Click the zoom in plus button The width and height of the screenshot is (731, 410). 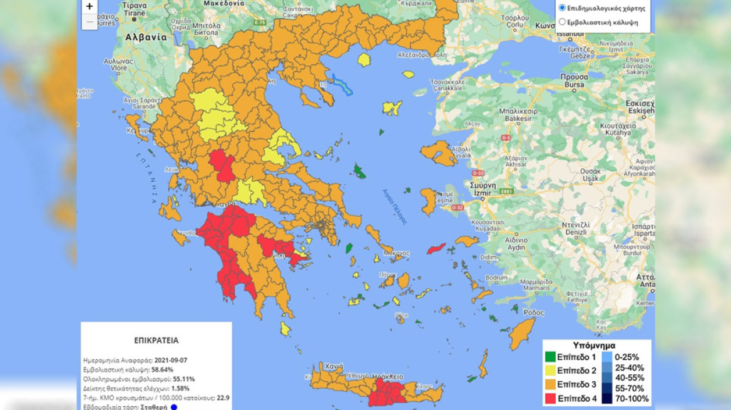(89, 7)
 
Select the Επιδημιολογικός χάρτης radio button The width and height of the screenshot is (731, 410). (562, 8)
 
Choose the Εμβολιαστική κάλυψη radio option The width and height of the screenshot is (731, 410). (562, 22)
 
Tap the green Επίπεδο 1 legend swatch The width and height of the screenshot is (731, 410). (550, 357)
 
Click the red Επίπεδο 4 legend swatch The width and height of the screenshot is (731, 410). (550, 397)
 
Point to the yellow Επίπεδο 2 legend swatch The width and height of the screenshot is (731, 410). (550, 371)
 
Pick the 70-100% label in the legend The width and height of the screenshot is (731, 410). (633, 399)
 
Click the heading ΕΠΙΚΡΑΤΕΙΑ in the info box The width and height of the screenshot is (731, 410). (156, 341)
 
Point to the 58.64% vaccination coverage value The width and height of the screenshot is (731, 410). (162, 370)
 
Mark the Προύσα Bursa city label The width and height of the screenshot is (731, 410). (574, 79)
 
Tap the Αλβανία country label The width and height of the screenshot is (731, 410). (146, 37)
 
